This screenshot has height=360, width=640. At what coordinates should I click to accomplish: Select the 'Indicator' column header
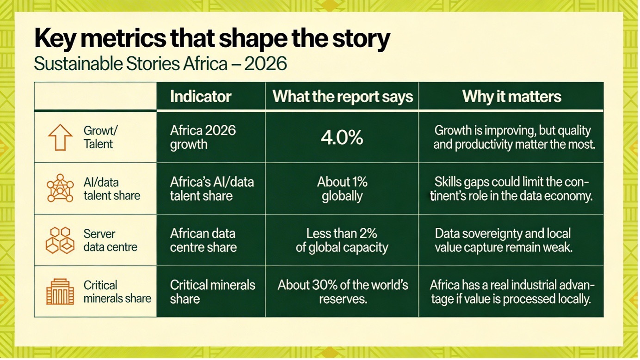[201, 97]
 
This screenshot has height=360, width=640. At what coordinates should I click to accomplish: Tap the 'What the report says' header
[342, 97]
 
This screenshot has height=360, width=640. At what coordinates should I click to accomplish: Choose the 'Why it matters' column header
[511, 97]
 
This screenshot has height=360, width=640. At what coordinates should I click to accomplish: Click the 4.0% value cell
[342, 138]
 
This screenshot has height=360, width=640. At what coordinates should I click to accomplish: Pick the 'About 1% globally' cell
[342, 189]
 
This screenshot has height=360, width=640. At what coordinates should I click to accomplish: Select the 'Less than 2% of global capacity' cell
[342, 240]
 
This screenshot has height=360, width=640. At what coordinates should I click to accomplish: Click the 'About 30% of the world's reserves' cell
[343, 292]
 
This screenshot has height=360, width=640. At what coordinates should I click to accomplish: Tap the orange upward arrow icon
[60, 137]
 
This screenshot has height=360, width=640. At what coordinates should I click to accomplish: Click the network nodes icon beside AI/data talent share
[60, 189]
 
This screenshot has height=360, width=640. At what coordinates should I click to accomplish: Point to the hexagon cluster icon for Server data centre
[60, 240]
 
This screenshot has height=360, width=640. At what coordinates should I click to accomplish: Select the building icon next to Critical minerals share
[60, 292]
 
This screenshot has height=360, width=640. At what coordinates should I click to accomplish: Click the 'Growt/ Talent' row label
[98, 137]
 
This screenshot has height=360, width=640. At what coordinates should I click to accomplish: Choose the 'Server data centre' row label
[110, 240]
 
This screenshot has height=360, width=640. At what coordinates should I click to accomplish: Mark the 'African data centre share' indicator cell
[203, 240]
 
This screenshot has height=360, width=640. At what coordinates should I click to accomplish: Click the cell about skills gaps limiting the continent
[511, 189]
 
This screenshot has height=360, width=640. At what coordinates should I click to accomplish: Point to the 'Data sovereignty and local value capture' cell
[504, 240]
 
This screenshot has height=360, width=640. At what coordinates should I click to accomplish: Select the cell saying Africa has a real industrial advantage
[511, 292]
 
